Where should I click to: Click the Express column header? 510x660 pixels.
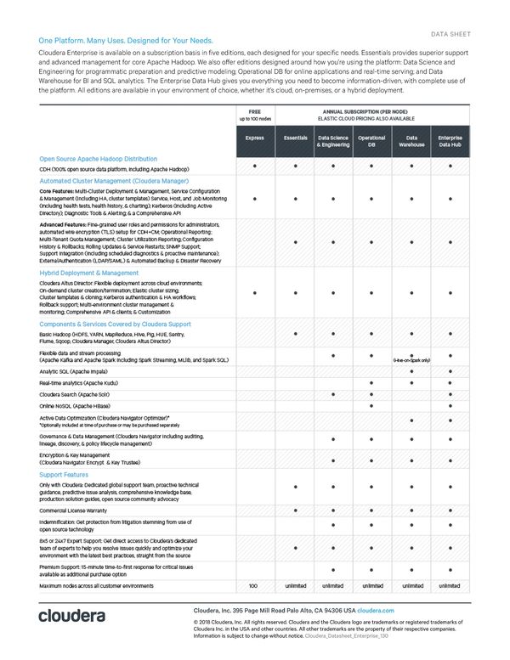pos(254,138)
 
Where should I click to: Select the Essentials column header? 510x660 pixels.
pos(294,138)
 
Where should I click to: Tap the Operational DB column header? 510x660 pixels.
pos(371,141)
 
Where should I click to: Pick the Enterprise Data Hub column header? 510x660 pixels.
pos(450,141)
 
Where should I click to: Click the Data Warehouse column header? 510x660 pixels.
pos(411,141)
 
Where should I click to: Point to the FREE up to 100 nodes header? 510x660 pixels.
pos(254,114)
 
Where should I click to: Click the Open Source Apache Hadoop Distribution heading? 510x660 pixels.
pos(98,159)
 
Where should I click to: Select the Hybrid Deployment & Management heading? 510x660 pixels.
pos(88,274)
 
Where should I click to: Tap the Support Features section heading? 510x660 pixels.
pos(64,474)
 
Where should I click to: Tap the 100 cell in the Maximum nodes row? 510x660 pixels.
pos(253,586)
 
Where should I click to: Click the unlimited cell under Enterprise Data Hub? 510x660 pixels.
pos(450,586)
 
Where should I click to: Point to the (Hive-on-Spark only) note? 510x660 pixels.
pos(411,360)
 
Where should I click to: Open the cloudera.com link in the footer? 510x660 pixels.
pos(376,611)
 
